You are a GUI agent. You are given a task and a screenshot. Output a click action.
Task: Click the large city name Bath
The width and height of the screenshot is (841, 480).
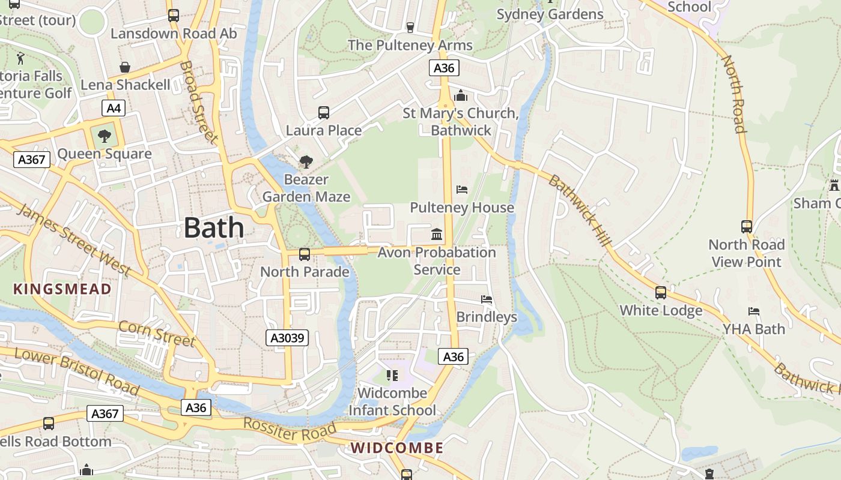(214, 228)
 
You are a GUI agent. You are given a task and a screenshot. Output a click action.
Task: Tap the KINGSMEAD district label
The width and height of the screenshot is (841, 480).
(62, 289)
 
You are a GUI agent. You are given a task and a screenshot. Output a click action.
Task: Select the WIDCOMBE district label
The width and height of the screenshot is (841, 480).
(397, 448)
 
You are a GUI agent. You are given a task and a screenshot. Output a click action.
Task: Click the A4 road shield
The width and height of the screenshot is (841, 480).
(113, 108)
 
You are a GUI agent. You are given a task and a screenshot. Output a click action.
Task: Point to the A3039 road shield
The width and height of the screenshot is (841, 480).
(287, 338)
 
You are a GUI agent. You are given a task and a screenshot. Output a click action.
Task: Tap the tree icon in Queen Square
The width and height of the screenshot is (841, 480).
(105, 136)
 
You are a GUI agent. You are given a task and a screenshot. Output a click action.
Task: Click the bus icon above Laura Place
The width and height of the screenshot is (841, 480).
(324, 112)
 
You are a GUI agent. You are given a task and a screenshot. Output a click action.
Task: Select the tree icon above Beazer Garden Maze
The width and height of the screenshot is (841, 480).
(306, 161)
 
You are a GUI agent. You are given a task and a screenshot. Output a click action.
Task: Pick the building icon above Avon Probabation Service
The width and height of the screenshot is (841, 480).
(437, 234)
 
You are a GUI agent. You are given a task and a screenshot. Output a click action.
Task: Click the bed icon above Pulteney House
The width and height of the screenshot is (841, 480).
(462, 190)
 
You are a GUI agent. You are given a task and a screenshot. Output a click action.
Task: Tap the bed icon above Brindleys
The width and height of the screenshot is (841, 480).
(487, 299)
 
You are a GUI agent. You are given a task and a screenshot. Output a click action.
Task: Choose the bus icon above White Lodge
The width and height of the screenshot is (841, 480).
(661, 293)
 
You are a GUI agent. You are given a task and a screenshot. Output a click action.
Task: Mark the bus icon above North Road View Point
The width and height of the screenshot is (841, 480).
(747, 227)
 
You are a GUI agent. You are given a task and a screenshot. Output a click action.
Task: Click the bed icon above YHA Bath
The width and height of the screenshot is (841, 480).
(754, 311)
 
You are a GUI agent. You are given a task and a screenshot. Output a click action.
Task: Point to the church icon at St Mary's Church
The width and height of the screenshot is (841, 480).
(461, 95)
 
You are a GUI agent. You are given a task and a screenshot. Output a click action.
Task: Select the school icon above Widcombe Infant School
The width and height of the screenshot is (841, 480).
(392, 376)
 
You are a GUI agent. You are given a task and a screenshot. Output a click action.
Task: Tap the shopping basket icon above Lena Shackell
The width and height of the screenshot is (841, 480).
(125, 67)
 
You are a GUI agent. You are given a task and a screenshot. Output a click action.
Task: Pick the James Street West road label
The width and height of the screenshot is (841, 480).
(73, 240)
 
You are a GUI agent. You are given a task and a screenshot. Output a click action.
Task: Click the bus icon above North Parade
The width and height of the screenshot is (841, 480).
(305, 254)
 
